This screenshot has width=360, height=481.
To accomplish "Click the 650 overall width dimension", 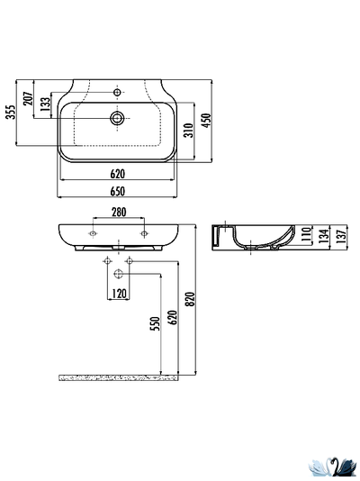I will coord(117,192).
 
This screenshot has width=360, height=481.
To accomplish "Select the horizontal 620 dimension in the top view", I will coord(117,174).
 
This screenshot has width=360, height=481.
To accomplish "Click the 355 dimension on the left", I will coord(10,113).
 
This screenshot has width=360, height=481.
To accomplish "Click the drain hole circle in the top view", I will coord(116,117).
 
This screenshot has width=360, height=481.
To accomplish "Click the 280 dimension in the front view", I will coord(118,213).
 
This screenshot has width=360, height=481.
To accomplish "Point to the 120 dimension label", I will coord(118,294).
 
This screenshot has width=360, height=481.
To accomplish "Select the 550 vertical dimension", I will coord(154,322).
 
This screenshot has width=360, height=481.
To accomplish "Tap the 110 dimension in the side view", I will coord(307,237).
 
